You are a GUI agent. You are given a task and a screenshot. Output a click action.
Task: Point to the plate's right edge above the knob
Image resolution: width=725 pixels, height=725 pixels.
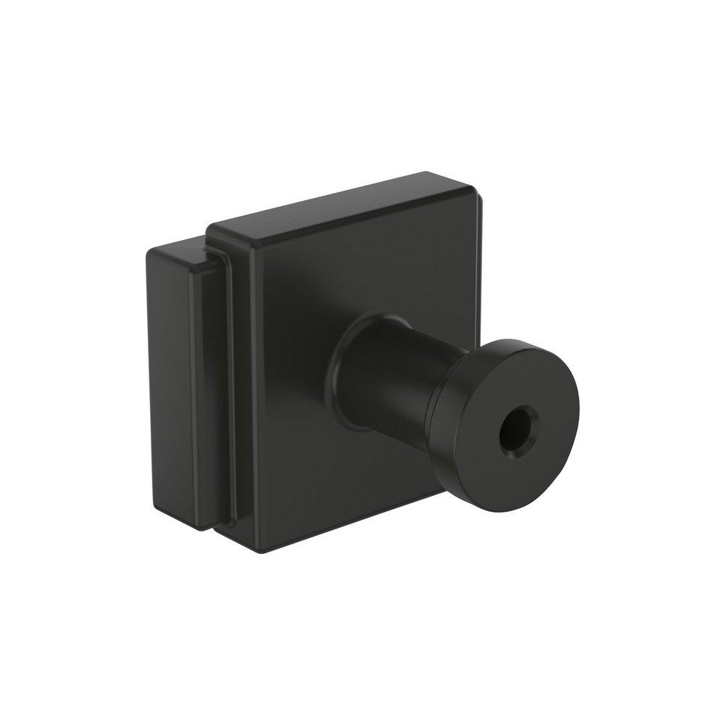tap(477, 275)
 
